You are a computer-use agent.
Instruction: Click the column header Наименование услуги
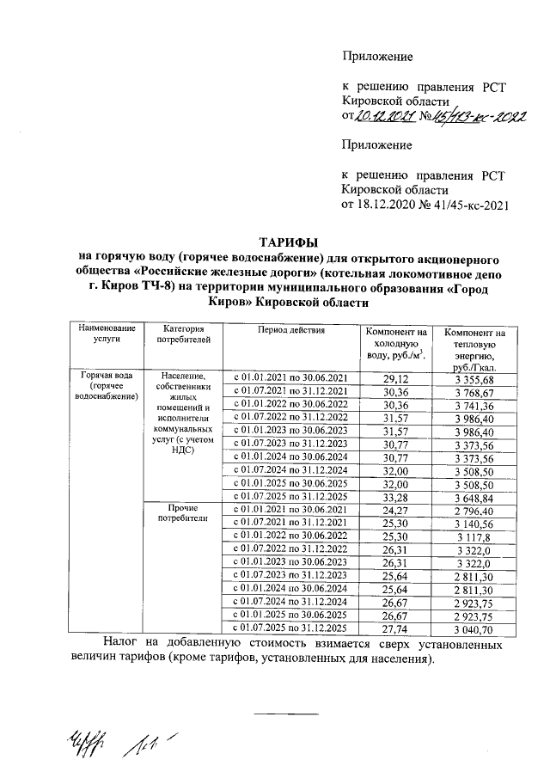click(107, 334)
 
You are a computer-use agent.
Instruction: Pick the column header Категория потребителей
click(183, 334)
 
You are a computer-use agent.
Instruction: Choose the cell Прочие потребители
click(183, 512)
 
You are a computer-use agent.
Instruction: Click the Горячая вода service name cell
click(107, 386)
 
